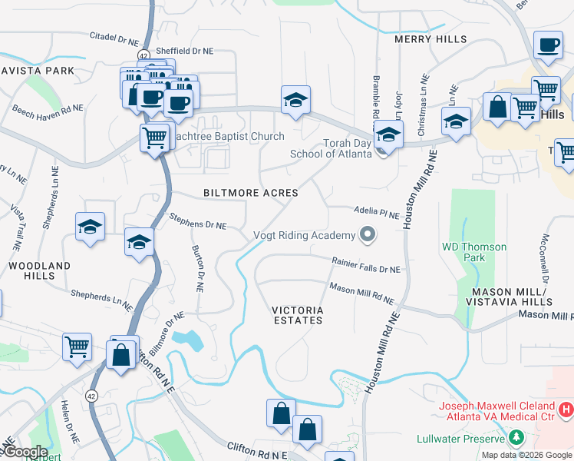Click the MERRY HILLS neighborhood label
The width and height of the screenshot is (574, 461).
point(430,39)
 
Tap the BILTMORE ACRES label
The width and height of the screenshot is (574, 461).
point(250,193)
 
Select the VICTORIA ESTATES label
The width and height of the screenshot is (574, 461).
point(298,315)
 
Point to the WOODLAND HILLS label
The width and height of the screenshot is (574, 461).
point(39,270)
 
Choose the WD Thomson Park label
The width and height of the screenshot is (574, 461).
point(473,252)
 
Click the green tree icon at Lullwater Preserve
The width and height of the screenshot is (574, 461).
point(516,438)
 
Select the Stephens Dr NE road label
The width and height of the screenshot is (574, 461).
point(198,221)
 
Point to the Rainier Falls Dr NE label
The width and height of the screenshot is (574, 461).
point(366,265)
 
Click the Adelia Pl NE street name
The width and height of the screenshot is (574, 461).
point(376,213)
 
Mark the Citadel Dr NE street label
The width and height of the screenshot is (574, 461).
point(114,36)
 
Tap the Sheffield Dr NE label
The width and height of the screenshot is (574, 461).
point(184,51)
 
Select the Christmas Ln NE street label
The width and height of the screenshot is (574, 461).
point(422,106)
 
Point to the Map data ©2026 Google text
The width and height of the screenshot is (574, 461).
point(526,455)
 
